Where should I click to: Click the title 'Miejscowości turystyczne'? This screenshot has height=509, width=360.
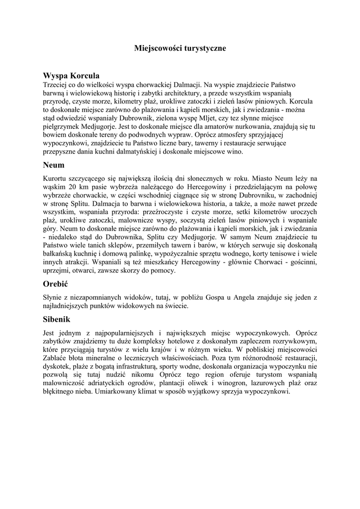pyautogui.click(x=180, y=48)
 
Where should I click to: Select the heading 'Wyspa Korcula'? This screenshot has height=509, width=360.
pyautogui.click(x=72, y=76)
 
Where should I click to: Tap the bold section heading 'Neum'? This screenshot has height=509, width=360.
pyautogui.click(x=54, y=164)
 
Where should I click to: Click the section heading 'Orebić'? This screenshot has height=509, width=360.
pyautogui.click(x=56, y=284)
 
